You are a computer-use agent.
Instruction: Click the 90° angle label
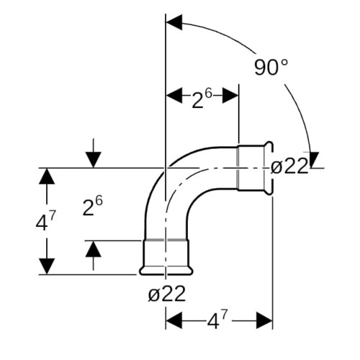(271, 68)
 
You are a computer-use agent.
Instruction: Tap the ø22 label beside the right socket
(289, 166)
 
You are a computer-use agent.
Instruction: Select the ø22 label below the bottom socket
(167, 294)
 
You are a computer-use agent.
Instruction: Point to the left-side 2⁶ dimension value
(92, 205)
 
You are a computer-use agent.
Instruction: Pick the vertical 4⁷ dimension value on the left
(45, 222)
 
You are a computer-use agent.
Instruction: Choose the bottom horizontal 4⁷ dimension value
(217, 320)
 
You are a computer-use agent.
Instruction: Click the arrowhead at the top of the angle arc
(174, 22)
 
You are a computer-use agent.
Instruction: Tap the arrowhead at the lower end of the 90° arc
(312, 160)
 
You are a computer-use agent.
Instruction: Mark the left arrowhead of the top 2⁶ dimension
(174, 95)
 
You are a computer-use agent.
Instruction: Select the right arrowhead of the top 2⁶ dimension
(230, 95)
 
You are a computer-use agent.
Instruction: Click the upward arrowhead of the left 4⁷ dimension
(47, 176)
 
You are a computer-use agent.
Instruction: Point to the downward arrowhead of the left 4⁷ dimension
(47, 266)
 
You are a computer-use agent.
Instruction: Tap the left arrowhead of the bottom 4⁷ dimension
(174, 320)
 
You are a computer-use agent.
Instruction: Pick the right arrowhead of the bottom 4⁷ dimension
(264, 320)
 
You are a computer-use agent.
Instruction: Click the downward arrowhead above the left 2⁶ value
(94, 160)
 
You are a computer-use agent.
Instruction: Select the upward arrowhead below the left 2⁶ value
(94, 249)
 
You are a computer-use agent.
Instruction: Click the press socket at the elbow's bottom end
(166, 257)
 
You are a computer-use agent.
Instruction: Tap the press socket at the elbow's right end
(256, 168)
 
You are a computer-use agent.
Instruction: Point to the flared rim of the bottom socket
(166, 271)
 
